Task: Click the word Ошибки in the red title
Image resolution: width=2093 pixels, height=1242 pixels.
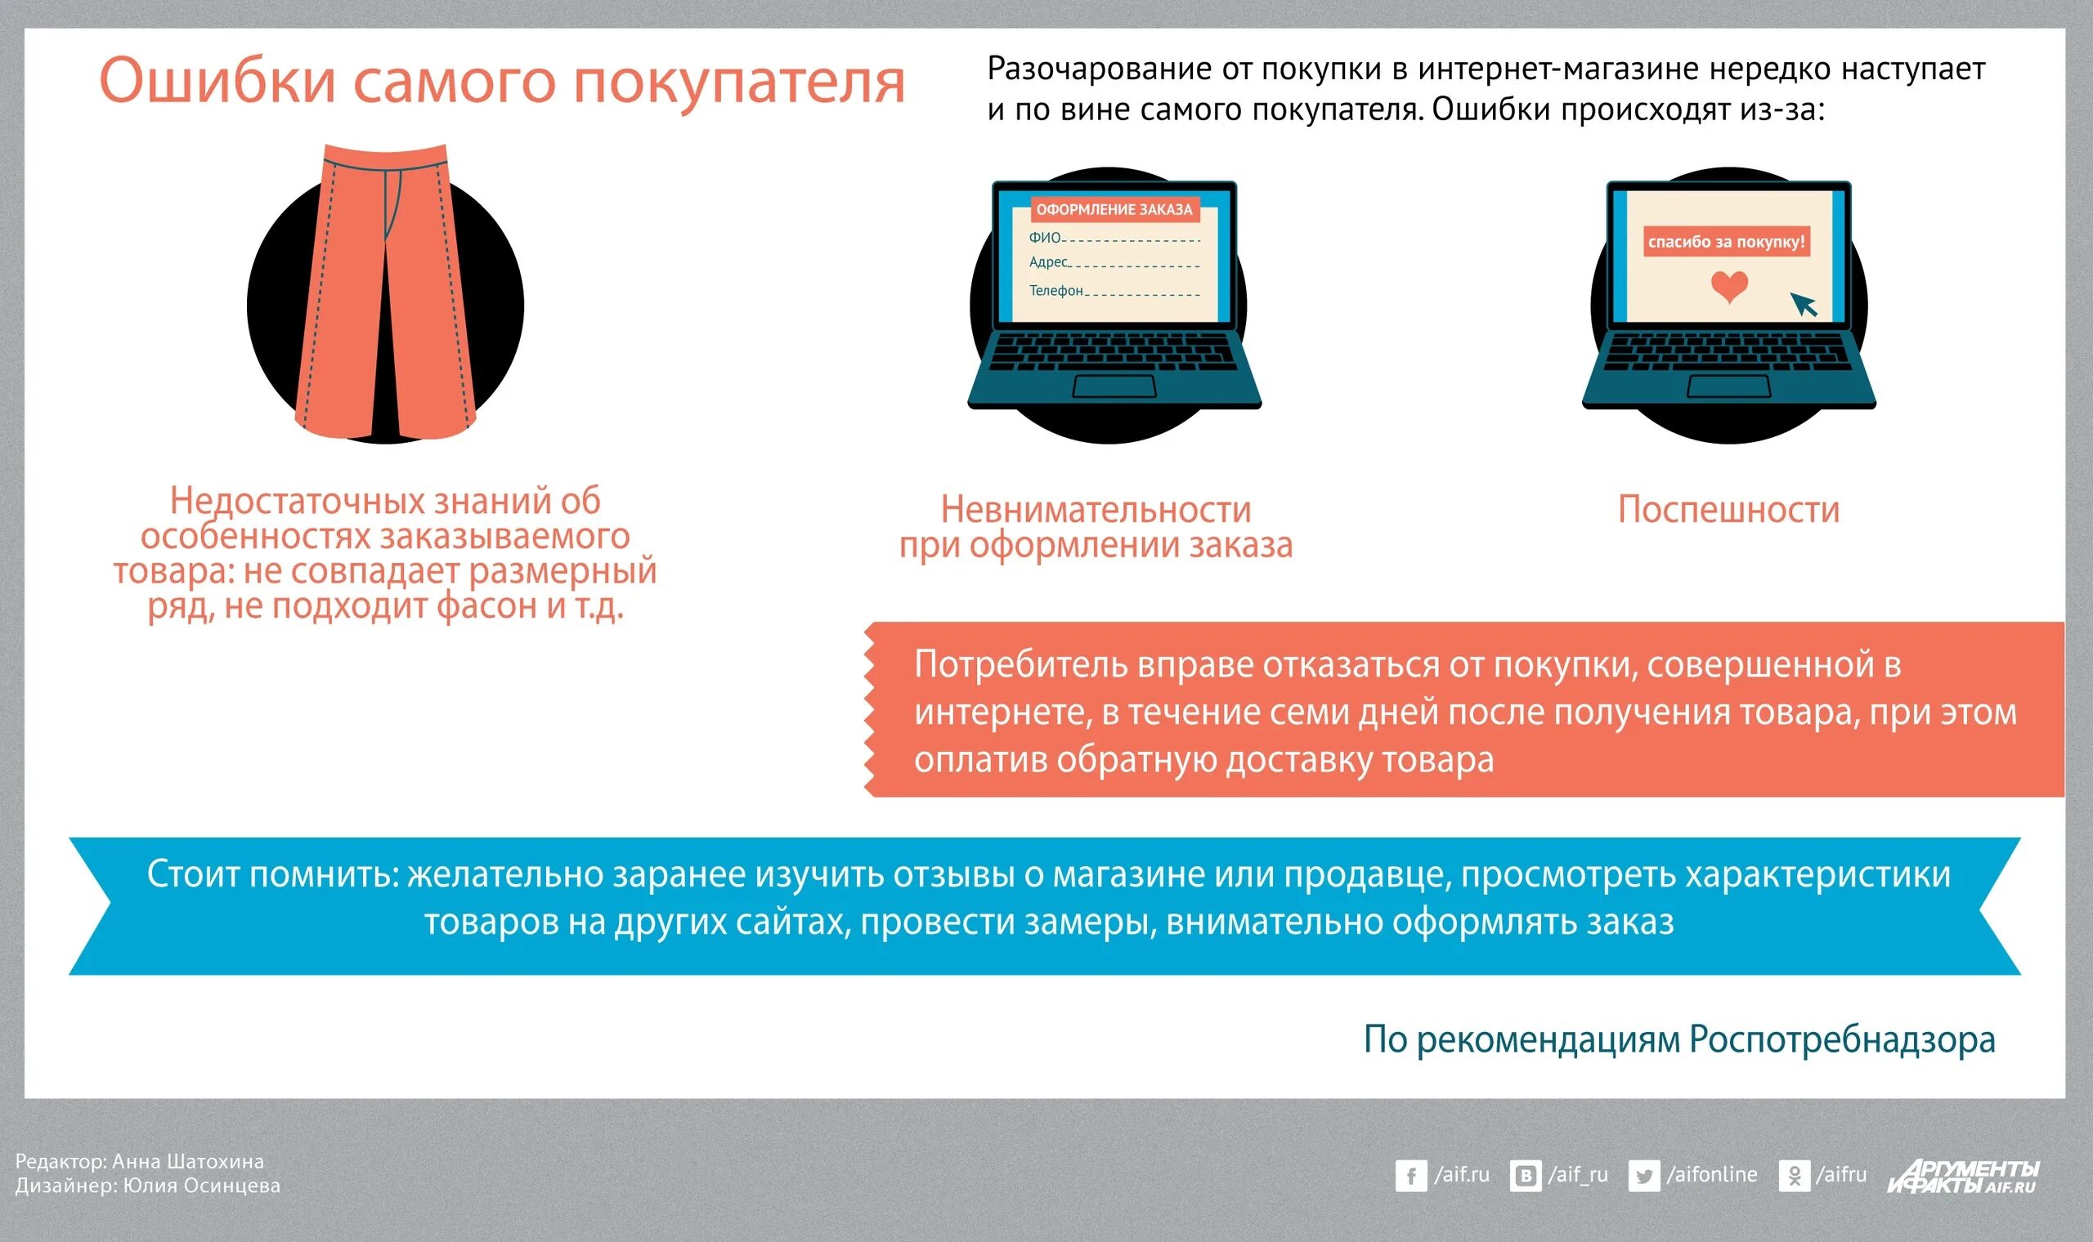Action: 217,81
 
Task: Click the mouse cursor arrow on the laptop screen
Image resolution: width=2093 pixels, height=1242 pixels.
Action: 1804,304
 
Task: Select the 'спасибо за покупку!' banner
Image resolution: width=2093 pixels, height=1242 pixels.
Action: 1726,242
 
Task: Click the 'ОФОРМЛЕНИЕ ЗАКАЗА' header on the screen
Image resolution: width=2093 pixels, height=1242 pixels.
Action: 1114,209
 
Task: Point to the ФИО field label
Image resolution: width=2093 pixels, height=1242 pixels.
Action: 1044,238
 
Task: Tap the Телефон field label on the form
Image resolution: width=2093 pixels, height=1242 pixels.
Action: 1055,290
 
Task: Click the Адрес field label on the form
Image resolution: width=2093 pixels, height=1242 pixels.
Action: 1048,262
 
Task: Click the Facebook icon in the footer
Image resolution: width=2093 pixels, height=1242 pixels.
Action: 1410,1176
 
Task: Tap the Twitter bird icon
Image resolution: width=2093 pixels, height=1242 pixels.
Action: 1643,1176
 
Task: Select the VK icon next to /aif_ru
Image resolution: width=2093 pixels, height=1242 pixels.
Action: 1526,1176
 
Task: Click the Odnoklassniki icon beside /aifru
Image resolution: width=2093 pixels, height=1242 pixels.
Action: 1794,1176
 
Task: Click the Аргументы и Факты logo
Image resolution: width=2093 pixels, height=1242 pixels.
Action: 1963,1176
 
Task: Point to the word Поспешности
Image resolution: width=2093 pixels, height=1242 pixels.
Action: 1728,510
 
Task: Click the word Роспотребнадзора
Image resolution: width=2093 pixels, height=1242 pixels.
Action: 1842,1040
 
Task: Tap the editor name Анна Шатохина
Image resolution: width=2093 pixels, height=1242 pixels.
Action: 187,1162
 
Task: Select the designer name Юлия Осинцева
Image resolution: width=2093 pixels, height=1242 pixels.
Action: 201,1186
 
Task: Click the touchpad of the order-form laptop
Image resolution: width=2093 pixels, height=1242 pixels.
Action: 1114,386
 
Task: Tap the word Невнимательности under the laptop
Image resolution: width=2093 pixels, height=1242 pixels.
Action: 1096,510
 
